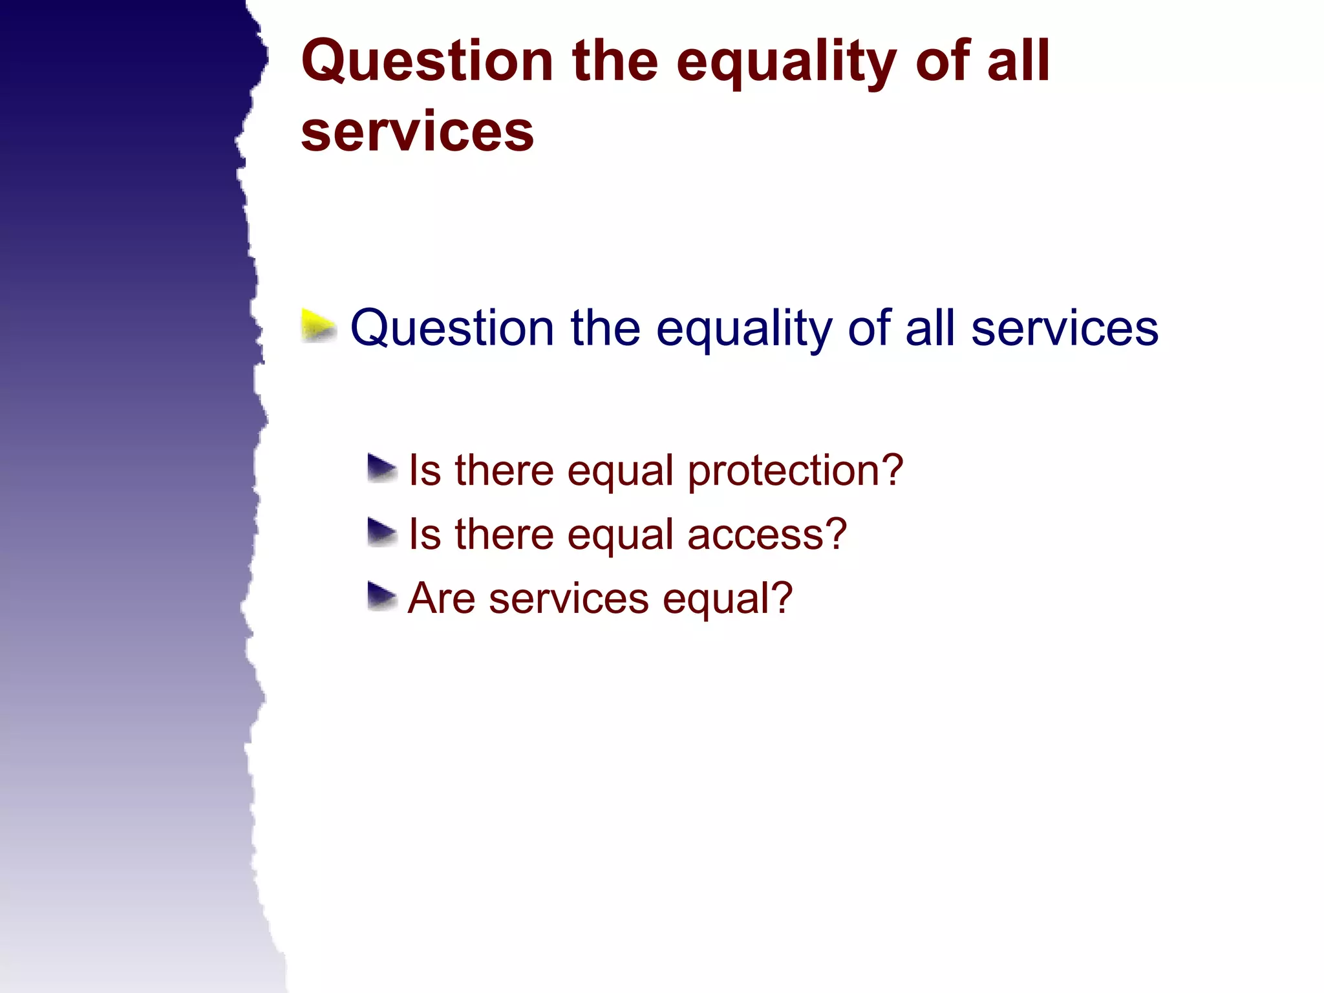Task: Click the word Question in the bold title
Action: pyautogui.click(x=427, y=61)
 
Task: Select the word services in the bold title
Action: pyautogui.click(x=418, y=132)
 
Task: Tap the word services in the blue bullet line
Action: pyautogui.click(x=1064, y=328)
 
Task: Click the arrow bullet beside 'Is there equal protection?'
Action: pyautogui.click(x=382, y=469)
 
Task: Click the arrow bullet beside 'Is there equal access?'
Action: pyautogui.click(x=382, y=533)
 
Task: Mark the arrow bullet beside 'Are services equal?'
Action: pyautogui.click(x=382, y=597)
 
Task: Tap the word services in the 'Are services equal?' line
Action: pyautogui.click(x=569, y=598)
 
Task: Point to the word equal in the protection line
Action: pyautogui.click(x=621, y=471)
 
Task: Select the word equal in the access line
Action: pyautogui.click(x=621, y=535)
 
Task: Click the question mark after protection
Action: pyautogui.click(x=892, y=469)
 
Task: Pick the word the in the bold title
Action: pyautogui.click(x=615, y=61)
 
